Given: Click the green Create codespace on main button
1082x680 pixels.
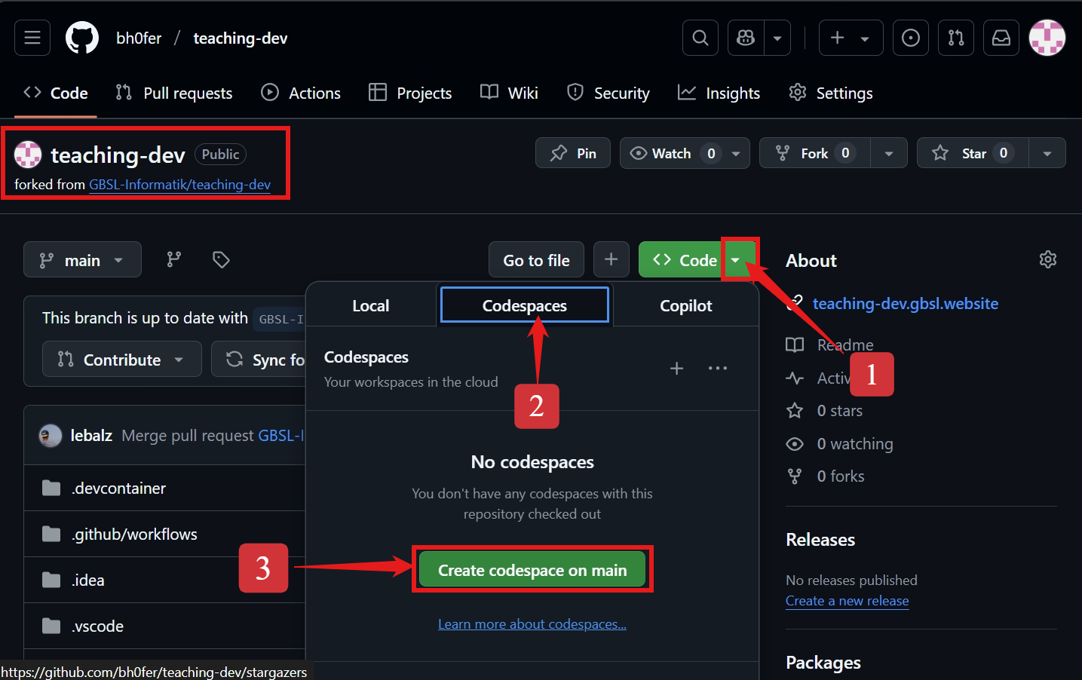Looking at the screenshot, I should (x=532, y=570).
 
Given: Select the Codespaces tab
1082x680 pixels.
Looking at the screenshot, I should (x=524, y=305).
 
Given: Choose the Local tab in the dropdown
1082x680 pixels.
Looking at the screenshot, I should (x=370, y=305).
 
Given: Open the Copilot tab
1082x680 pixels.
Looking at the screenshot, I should (x=685, y=305).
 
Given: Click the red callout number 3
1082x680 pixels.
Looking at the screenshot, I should (x=263, y=568).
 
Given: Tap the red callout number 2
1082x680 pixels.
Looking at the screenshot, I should (x=536, y=406).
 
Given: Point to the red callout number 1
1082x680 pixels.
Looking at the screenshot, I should (x=872, y=374).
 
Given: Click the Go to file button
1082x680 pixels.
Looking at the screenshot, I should (x=536, y=260).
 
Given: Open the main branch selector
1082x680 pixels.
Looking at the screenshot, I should (x=82, y=260).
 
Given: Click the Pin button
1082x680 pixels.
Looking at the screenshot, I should (x=573, y=153).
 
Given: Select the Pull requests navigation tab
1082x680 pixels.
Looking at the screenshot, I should (x=174, y=93).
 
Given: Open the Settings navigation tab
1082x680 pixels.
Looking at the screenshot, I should (x=831, y=93).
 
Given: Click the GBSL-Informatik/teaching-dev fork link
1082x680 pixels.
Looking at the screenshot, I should (x=179, y=185).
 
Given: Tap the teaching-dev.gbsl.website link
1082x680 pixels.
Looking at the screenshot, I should (x=905, y=303).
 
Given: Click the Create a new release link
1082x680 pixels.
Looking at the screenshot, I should (x=847, y=601).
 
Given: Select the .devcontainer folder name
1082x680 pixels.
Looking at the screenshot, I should (x=119, y=488).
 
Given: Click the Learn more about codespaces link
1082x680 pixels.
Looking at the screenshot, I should (x=532, y=624).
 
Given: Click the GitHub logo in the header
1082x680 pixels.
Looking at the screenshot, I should (x=82, y=38).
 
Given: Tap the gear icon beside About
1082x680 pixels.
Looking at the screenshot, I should (x=1047, y=259).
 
